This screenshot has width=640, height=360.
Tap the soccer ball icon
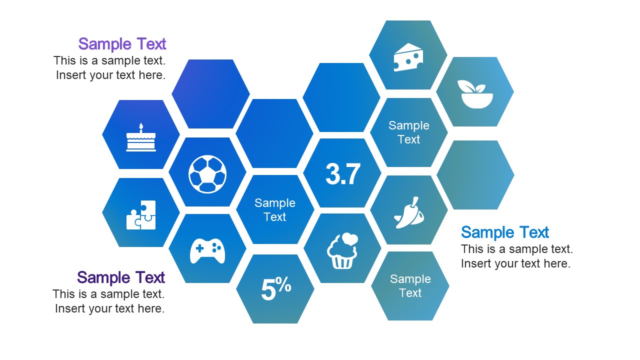(x=207, y=174)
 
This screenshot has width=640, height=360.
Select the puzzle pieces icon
(x=141, y=215)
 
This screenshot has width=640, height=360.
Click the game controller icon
(x=207, y=251)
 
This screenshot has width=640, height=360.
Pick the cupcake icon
(x=342, y=250)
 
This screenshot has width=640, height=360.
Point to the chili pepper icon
(x=409, y=212)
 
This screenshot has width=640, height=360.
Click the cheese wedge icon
(x=408, y=57)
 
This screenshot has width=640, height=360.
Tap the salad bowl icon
(x=475, y=94)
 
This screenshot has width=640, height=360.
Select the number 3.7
(x=343, y=174)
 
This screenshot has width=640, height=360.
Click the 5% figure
(x=276, y=288)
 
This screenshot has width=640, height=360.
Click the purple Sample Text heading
(x=122, y=43)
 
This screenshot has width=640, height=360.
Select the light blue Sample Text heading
(x=505, y=232)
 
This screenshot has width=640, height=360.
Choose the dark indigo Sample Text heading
(x=121, y=277)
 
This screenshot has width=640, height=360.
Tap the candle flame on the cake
(x=141, y=125)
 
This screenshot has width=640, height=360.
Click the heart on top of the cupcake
(x=349, y=238)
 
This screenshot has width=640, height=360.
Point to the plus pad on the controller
(x=199, y=248)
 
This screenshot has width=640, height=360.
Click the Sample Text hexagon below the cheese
(x=408, y=132)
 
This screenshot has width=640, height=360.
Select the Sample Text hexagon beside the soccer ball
(x=275, y=209)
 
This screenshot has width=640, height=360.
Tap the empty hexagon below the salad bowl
(x=475, y=175)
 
